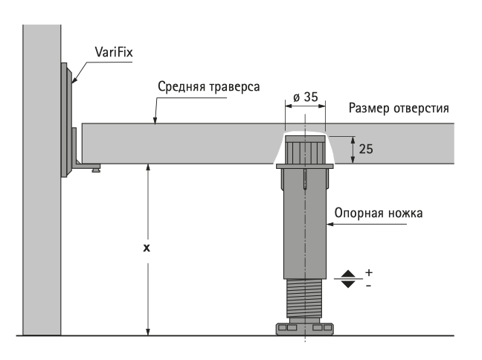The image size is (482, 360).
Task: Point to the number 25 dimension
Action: [x=366, y=149]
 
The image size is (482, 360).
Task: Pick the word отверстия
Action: [x=422, y=109]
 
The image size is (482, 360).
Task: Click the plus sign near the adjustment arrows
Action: [x=369, y=271]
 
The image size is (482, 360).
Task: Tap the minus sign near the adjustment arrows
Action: [x=369, y=286]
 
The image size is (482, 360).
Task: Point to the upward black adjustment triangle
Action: [x=347, y=274]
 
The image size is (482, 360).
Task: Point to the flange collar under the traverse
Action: [x=304, y=167]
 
